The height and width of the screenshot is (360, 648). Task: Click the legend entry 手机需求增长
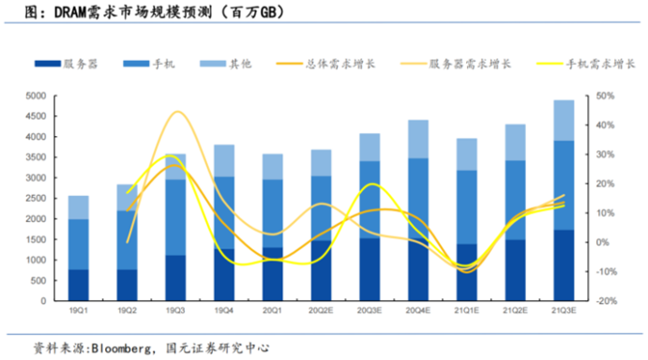click(581, 64)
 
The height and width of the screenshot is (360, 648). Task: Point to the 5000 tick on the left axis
click(32, 96)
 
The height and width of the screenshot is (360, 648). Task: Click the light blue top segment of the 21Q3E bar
click(565, 120)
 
